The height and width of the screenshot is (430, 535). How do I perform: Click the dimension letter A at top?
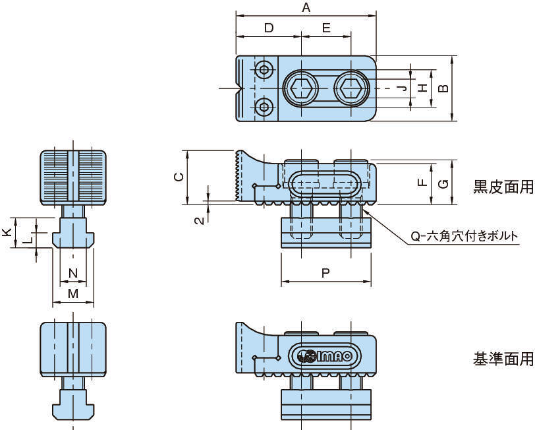pos(305,7)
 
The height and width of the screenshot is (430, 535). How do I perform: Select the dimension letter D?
pos(268,28)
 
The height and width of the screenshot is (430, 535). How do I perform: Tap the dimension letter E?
pos(327,28)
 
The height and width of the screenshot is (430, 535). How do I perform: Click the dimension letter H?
pos(422,88)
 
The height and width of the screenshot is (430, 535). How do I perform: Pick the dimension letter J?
pos(401,88)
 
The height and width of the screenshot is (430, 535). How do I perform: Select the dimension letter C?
pos(177,177)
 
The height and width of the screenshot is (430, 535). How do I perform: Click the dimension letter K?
pos(6,232)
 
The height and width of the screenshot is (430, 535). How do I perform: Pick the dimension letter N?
pos(72,272)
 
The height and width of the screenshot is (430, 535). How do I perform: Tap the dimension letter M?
pos(72,293)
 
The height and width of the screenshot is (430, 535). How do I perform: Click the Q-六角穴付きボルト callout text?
pos(464,236)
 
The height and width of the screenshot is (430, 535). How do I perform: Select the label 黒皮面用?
pos(503,187)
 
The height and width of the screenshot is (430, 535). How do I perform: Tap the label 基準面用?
pos(503,359)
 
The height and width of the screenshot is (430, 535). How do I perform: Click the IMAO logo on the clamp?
pos(325,356)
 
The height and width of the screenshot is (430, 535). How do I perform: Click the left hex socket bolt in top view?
pos(301,88)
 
